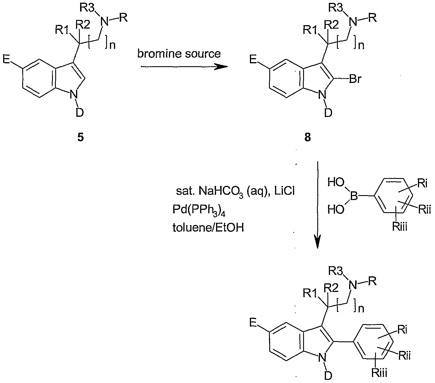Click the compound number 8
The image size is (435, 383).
click(307, 137)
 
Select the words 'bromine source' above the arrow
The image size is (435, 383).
click(179, 53)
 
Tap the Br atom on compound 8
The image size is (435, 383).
click(355, 79)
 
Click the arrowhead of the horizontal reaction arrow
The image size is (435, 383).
click(221, 67)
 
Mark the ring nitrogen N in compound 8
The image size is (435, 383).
click(323, 95)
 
